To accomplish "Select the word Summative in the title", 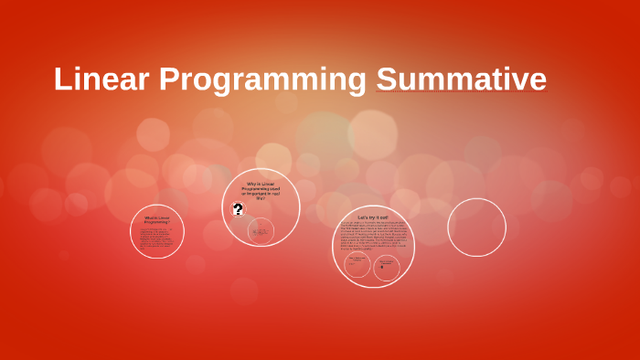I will click(461, 79).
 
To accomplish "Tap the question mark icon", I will click(238, 209).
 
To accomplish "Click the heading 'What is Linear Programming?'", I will click(157, 220).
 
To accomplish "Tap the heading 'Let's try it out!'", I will click(373, 217).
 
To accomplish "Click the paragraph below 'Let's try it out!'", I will click(373, 236).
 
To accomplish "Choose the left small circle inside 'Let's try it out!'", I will click(357, 266).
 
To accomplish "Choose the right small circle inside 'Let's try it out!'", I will click(388, 267).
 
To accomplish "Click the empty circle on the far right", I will click(476, 228).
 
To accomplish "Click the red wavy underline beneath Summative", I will click(461, 94).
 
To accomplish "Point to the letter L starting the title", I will click(63, 79).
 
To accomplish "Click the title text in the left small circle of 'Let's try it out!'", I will click(357, 259).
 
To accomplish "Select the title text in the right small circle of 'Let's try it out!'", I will click(388, 260).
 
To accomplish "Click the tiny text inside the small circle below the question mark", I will click(261, 232).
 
